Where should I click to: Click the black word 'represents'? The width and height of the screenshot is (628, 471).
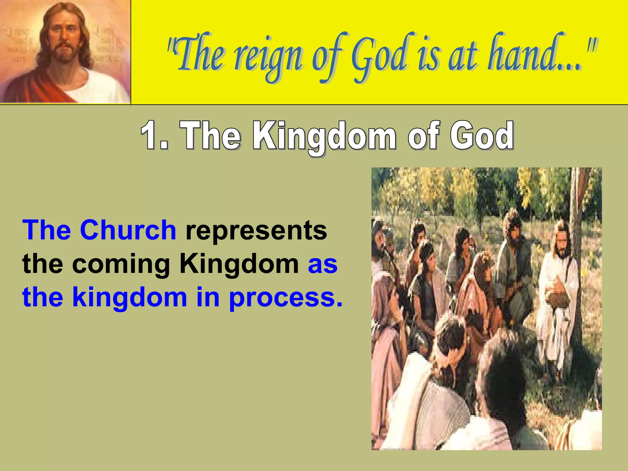coord(256,231)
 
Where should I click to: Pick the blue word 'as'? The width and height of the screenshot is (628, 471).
coord(323,264)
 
